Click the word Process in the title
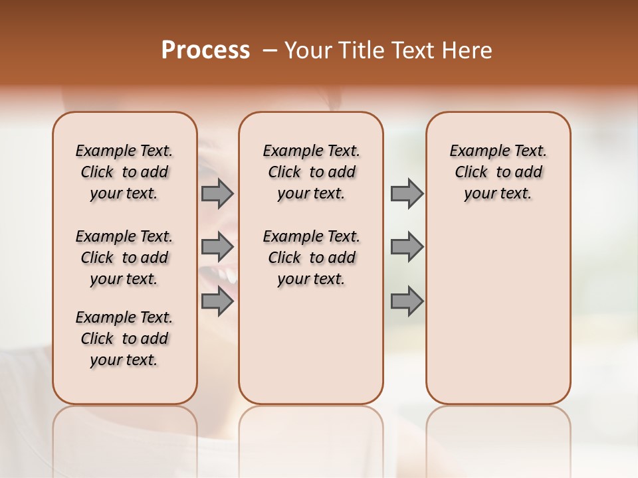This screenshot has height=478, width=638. coord(205,50)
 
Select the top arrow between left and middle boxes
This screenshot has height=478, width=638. coord(217,194)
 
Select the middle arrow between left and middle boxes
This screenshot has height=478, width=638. coord(217,247)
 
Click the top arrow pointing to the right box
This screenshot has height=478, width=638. coord(407,194)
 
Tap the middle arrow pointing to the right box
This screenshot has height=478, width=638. coord(407,247)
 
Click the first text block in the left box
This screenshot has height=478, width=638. coord(124,172)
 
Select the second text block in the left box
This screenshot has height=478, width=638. coord(124,258)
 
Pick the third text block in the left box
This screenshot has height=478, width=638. coord(124,339)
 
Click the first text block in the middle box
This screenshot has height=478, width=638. coord(311,172)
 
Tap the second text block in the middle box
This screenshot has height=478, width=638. coord(311,258)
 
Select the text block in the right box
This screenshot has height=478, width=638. coord(498,172)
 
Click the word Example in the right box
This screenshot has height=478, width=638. coord(475,151)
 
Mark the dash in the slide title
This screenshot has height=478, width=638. coord(270,51)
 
